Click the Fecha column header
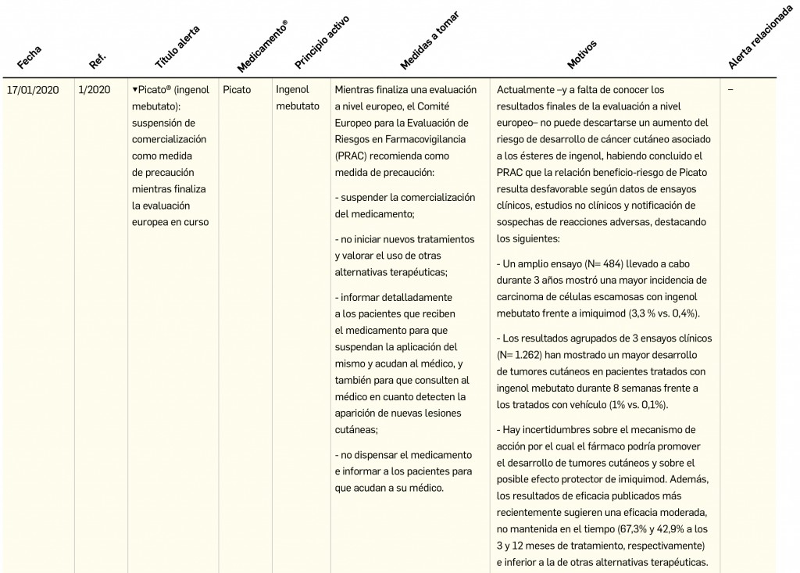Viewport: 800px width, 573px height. click(29, 58)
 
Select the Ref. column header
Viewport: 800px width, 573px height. click(98, 59)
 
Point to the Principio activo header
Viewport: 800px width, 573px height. click(322, 41)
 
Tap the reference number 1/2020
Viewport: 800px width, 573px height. click(95, 90)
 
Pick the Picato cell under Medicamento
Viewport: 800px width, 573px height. click(237, 90)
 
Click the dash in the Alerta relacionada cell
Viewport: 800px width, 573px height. click(730, 90)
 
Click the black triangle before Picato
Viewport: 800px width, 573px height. click(134, 90)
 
